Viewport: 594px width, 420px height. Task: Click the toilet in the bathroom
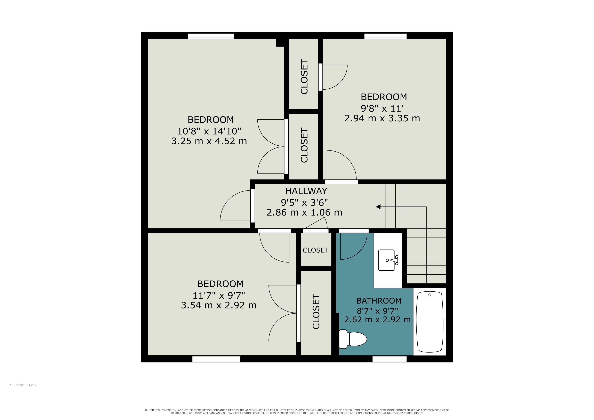click(353, 339)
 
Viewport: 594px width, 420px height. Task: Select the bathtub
click(430, 322)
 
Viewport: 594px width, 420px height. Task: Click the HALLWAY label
click(306, 191)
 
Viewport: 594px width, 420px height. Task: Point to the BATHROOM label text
click(379, 301)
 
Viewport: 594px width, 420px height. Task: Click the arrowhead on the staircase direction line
click(378, 207)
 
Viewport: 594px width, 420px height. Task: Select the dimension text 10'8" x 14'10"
click(209, 131)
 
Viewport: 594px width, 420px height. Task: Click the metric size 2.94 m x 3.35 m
click(382, 119)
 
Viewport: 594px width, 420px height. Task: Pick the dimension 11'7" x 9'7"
click(219, 295)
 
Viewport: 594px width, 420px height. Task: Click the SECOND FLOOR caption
click(23, 385)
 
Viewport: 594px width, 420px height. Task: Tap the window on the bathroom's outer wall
click(389, 359)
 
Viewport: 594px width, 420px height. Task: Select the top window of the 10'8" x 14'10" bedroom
click(211, 36)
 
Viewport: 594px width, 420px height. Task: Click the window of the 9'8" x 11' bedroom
click(385, 36)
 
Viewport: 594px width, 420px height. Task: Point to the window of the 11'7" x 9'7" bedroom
click(216, 359)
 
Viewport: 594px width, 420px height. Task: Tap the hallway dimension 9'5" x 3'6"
click(304, 202)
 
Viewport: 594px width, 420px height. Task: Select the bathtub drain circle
click(430, 295)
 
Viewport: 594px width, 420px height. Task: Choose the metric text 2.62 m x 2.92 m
click(377, 320)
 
